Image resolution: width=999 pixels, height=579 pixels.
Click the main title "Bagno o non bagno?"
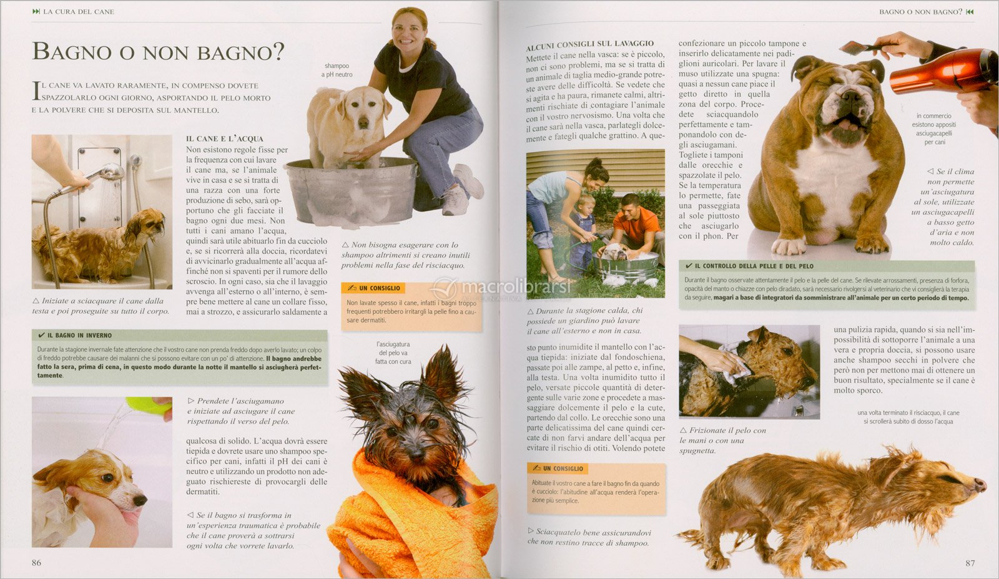pos(158,51)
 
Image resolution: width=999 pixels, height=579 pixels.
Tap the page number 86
pos(37,563)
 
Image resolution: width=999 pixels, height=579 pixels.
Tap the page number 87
pos(970,563)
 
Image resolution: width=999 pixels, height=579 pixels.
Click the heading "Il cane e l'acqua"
pos(225,139)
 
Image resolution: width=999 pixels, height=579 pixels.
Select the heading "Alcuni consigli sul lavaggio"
pos(589,44)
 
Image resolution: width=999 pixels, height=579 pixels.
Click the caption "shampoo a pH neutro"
pos(337,70)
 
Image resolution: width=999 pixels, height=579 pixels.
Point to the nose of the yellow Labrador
pos(363,121)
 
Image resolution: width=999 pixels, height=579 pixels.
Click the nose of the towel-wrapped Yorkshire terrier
pos(416,452)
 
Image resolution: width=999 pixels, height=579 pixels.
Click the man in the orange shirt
pos(636,227)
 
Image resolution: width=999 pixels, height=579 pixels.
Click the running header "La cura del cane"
pos(79,12)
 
